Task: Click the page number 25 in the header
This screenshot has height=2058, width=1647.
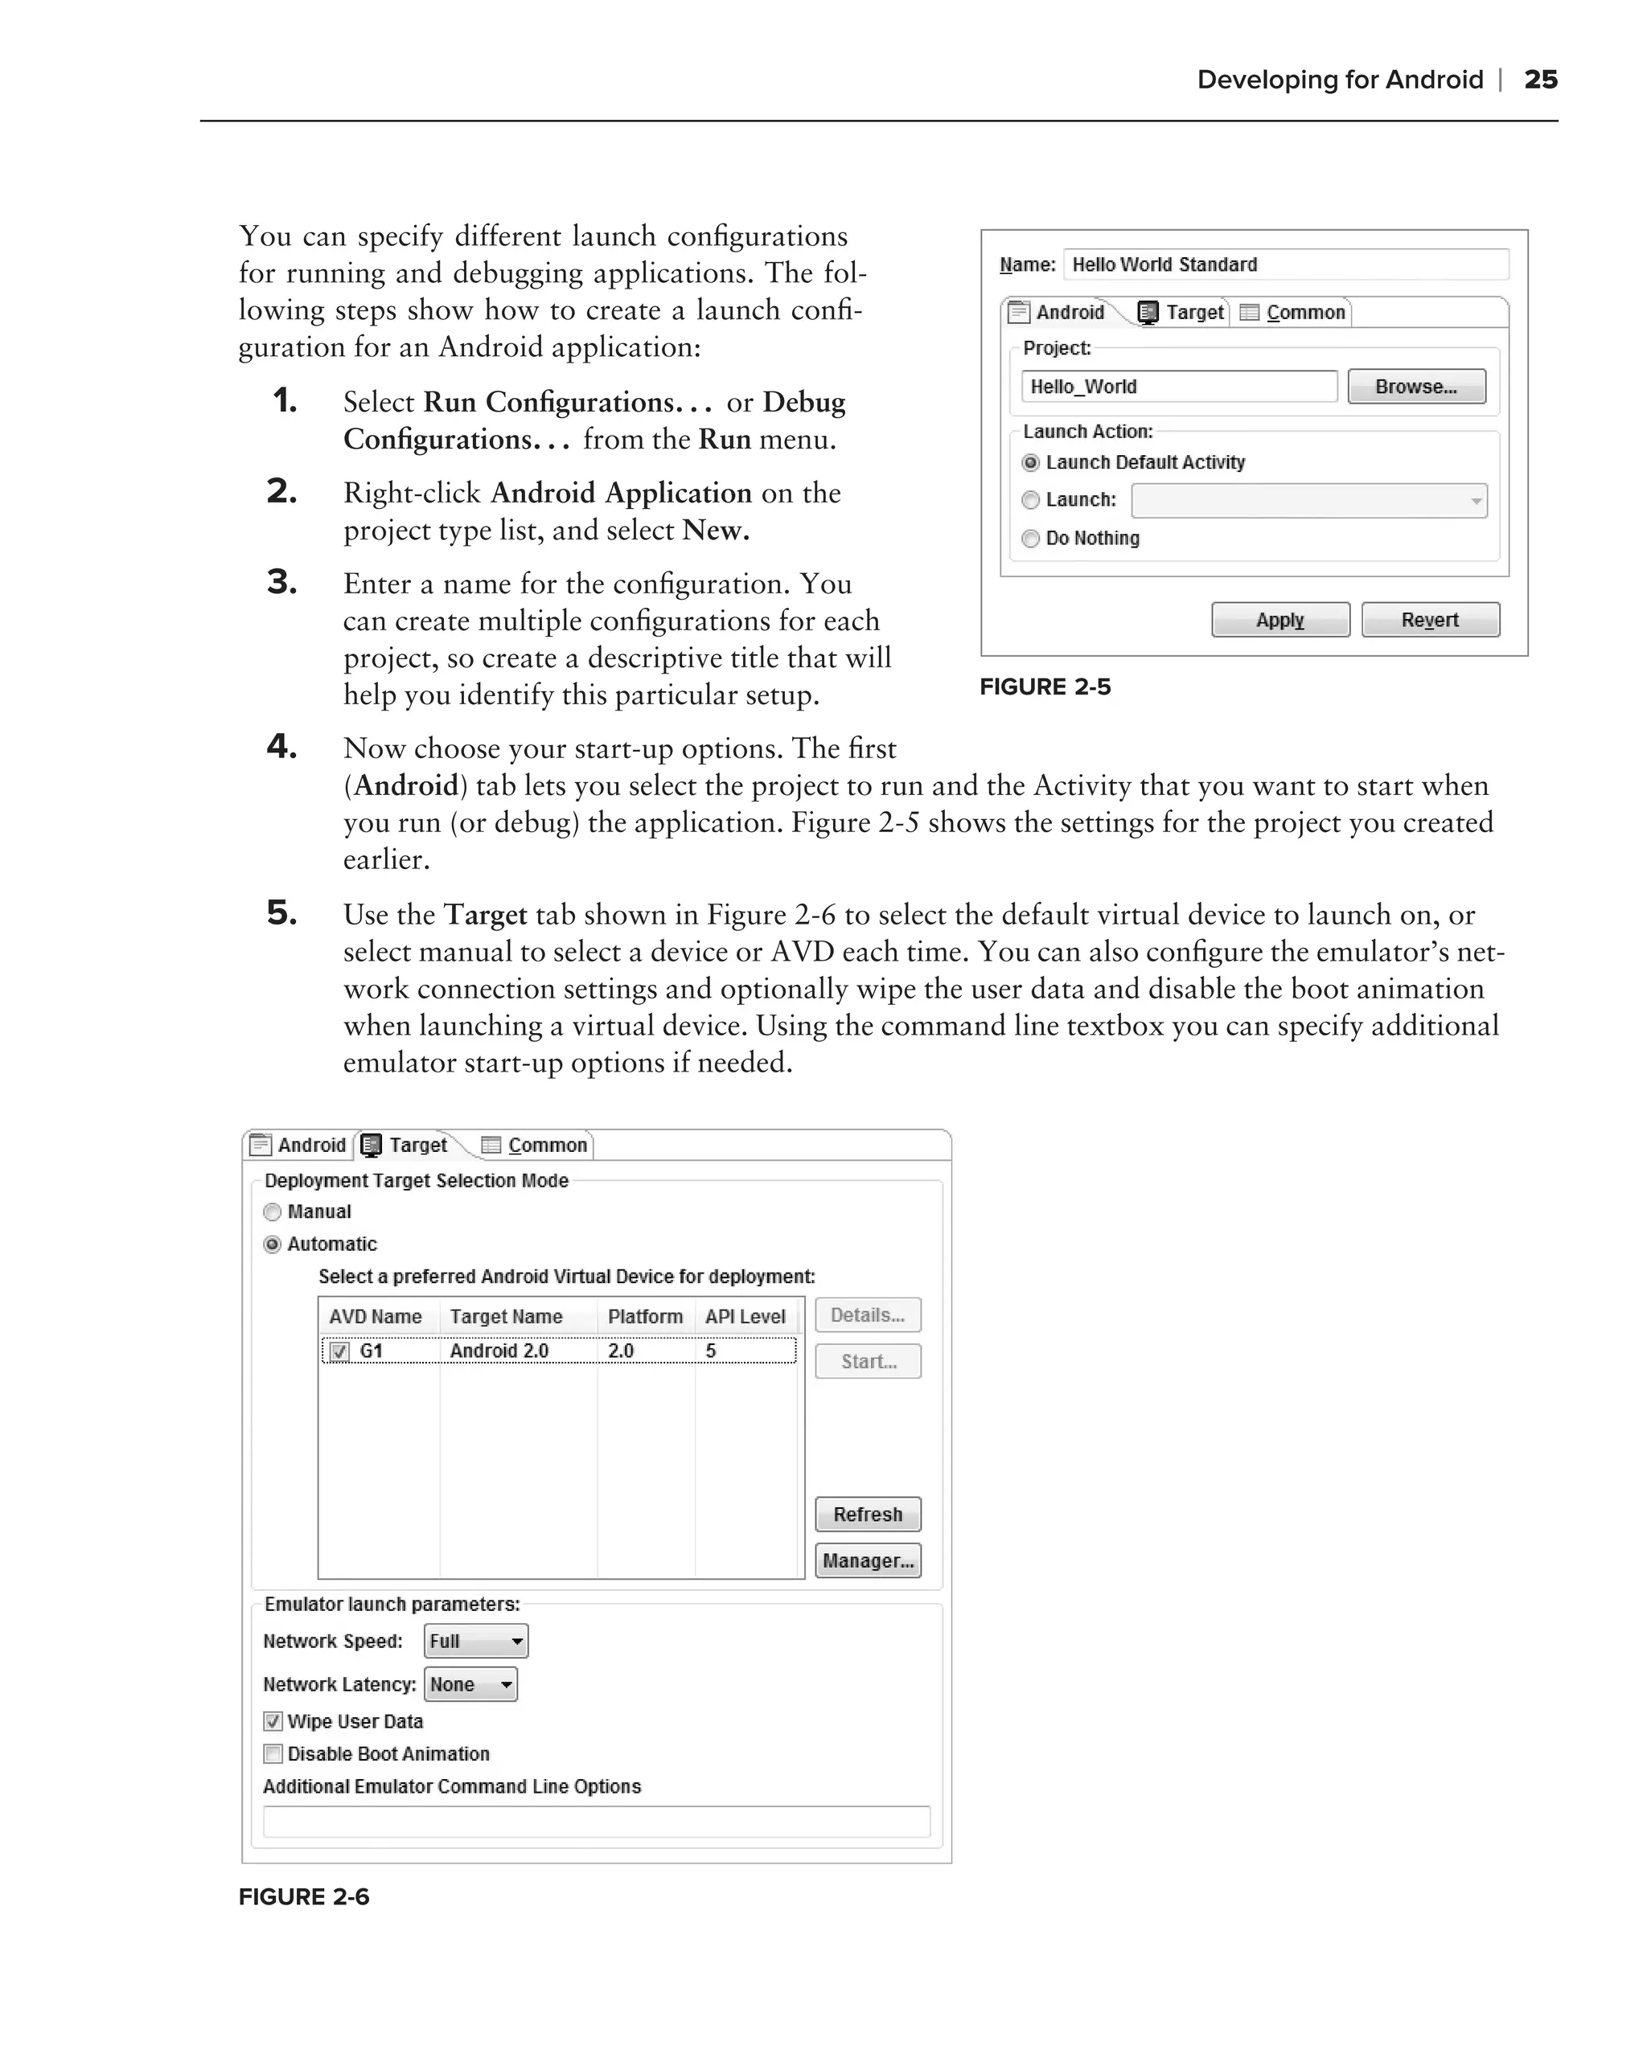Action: tap(1540, 80)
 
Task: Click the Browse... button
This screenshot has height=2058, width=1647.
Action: tap(1416, 387)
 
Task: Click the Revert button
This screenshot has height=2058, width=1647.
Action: tap(1429, 620)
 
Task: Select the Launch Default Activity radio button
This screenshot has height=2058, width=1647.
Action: tap(1030, 463)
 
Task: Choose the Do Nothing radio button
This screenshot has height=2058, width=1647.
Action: tap(1030, 539)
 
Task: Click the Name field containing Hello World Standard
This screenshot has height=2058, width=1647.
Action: tap(1284, 264)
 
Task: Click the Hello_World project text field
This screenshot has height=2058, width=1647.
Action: tap(1178, 387)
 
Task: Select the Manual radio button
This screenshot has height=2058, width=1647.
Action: tap(272, 1211)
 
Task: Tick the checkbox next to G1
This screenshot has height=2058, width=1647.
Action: tap(339, 1351)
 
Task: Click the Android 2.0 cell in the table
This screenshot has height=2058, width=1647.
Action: tap(499, 1351)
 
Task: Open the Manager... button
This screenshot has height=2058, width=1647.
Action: tap(867, 1560)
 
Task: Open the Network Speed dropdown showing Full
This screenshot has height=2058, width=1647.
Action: tap(475, 1641)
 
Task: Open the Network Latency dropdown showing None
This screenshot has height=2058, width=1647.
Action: tap(470, 1685)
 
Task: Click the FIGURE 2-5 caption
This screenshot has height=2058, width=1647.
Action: tap(1045, 687)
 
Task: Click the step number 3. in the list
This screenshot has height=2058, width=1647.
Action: tap(281, 581)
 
